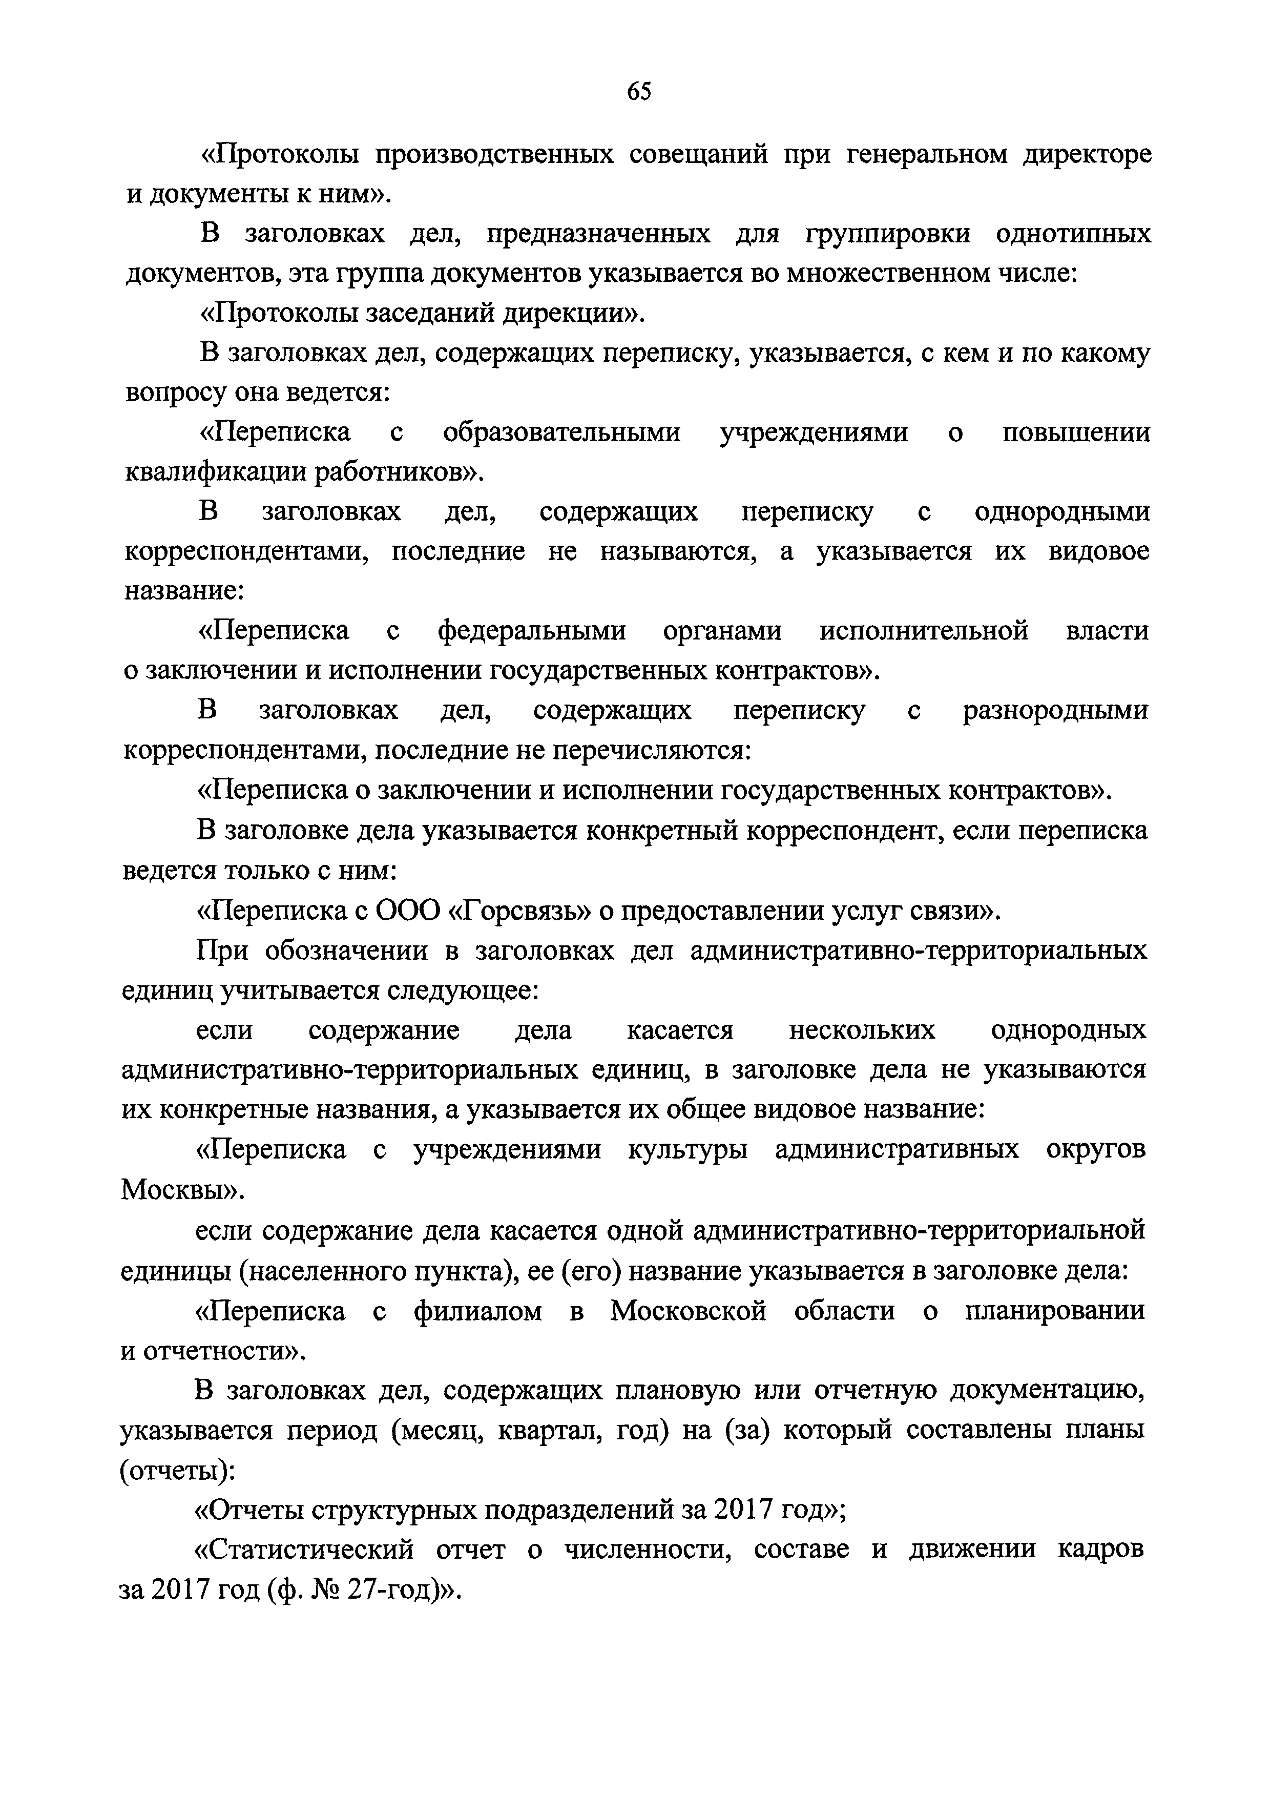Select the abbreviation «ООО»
[x=407, y=910]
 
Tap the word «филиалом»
[x=477, y=1310]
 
